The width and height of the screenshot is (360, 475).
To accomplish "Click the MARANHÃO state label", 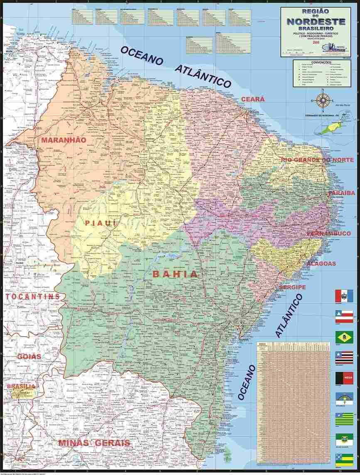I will [64, 140].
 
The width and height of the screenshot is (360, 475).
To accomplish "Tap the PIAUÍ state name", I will [100, 223].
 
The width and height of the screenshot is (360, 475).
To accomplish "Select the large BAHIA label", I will [175, 274].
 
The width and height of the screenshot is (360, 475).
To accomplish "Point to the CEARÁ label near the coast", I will [253, 99].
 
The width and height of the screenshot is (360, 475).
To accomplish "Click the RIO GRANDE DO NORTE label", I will [318, 160].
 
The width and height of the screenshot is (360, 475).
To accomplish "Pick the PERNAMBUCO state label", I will [329, 234].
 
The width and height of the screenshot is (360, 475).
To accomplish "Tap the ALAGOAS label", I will [321, 263].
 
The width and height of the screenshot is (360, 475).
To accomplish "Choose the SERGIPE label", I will [292, 287].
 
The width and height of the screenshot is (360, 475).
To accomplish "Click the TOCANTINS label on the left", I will [33, 296].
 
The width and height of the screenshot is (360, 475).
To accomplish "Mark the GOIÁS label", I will [29, 356].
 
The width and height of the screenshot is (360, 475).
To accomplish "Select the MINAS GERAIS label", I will [94, 443].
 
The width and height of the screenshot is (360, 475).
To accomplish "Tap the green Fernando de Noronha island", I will [331, 126].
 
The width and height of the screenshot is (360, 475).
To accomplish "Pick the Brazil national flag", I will [344, 337].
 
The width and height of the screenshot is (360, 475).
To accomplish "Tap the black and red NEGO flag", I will [344, 377].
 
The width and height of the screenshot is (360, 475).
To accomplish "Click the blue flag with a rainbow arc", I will [344, 398].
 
